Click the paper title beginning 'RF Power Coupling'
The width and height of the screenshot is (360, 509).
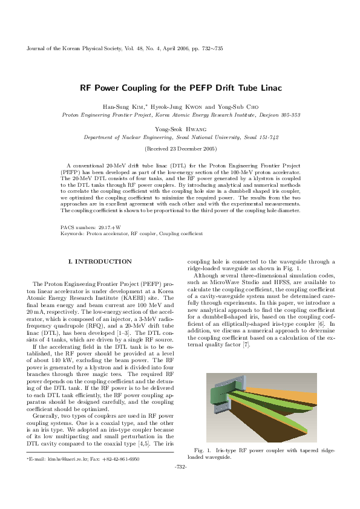tap(180, 88)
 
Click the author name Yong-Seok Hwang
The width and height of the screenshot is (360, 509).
tap(180, 129)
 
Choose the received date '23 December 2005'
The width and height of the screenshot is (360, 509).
tap(184, 148)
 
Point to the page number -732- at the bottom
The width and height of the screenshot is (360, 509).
tap(180, 467)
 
